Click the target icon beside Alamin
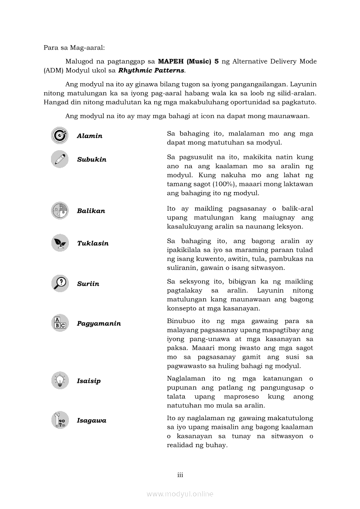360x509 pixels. pyautogui.click(x=60, y=135)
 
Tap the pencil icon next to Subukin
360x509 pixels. pyautogui.click(x=60, y=159)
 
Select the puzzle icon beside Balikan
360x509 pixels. pyautogui.click(x=60, y=211)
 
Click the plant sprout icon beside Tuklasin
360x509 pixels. pyautogui.click(x=60, y=243)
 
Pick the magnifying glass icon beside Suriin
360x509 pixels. pyautogui.click(x=60, y=283)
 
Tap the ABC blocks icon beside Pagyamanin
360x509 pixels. pyautogui.click(x=60, y=323)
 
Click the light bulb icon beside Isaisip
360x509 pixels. pyautogui.click(x=60, y=381)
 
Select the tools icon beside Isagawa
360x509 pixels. pyautogui.click(x=60, y=420)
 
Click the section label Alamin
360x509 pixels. pyautogui.click(x=89, y=136)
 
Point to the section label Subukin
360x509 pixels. pyautogui.click(x=92, y=159)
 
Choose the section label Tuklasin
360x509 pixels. pyautogui.click(x=93, y=243)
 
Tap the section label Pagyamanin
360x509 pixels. pyautogui.click(x=99, y=324)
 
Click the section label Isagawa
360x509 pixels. pyautogui.click(x=92, y=421)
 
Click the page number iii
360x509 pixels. pyautogui.click(x=180, y=475)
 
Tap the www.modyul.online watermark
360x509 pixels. pyautogui.click(x=180, y=494)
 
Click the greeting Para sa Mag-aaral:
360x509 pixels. pyautogui.click(x=71, y=47)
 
